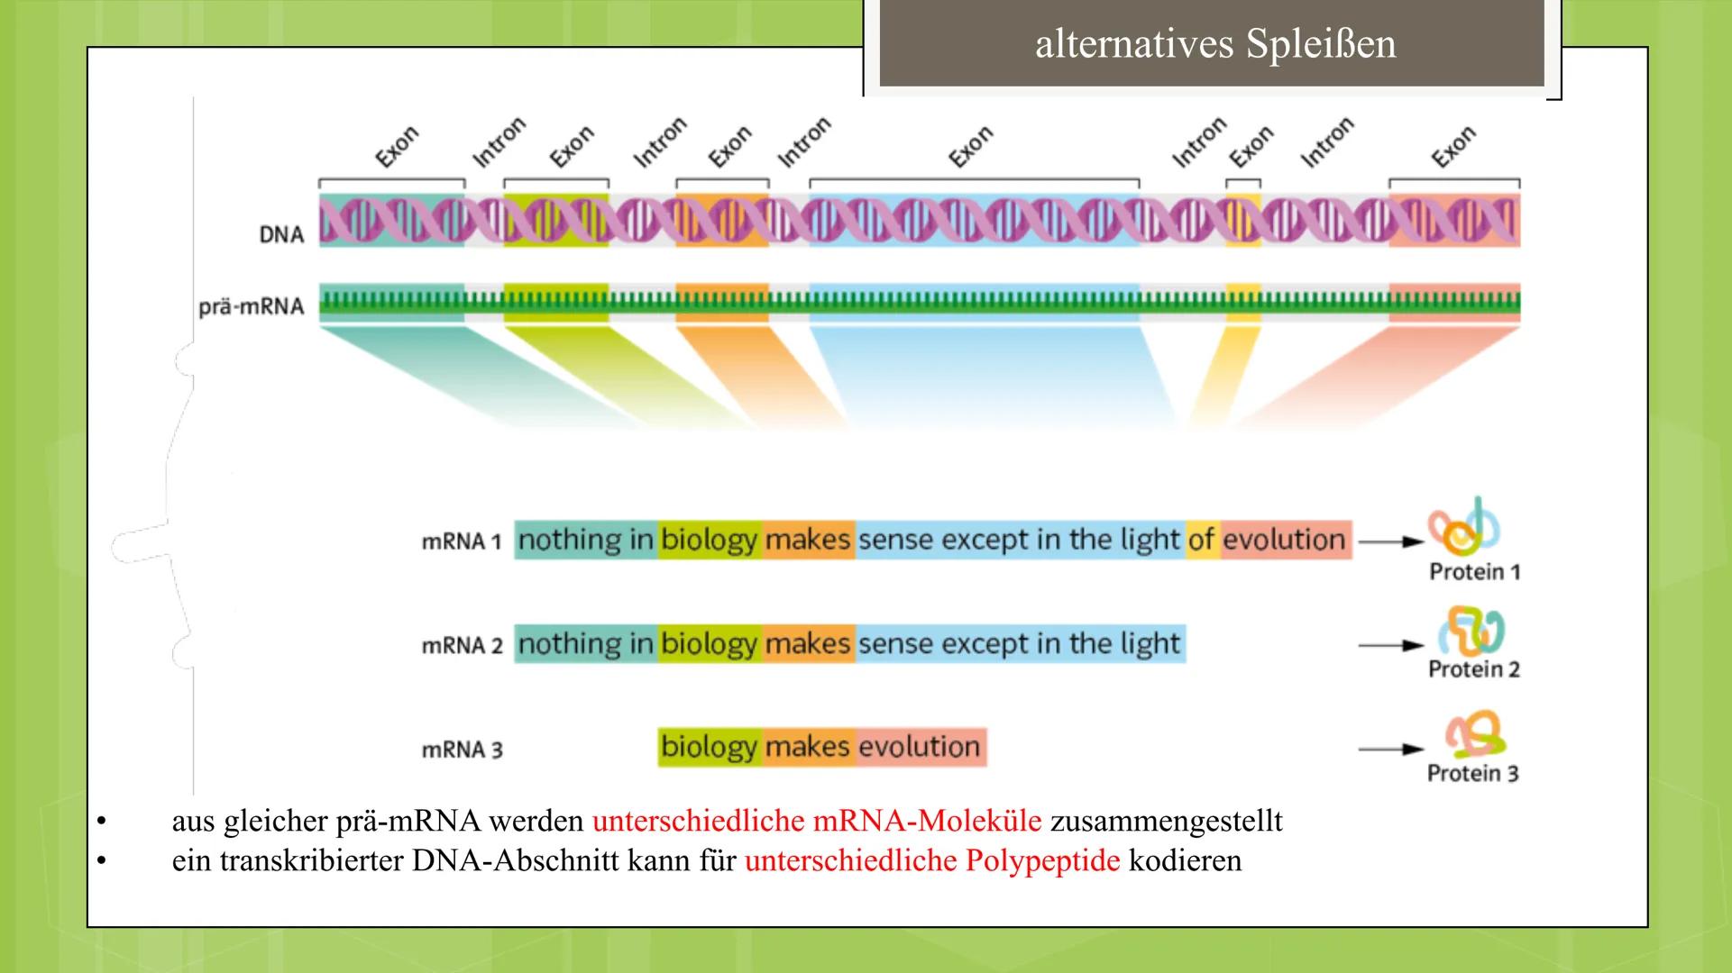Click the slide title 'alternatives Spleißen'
point(1214,44)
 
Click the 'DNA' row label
point(281,234)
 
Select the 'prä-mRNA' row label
point(252,306)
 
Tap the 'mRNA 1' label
point(461,541)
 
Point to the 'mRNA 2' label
point(462,645)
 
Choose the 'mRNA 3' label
point(462,750)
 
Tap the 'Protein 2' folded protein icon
point(1471,631)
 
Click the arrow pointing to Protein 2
point(1389,645)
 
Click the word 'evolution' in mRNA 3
point(919,747)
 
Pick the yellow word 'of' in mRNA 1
point(1201,540)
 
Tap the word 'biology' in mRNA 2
point(709,644)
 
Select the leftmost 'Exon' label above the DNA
point(397,146)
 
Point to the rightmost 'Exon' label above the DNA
point(1452,146)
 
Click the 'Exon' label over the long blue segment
point(970,146)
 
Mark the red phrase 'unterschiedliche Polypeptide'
point(931,860)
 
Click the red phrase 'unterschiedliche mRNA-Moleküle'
point(816,821)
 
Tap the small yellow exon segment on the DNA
point(1242,221)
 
